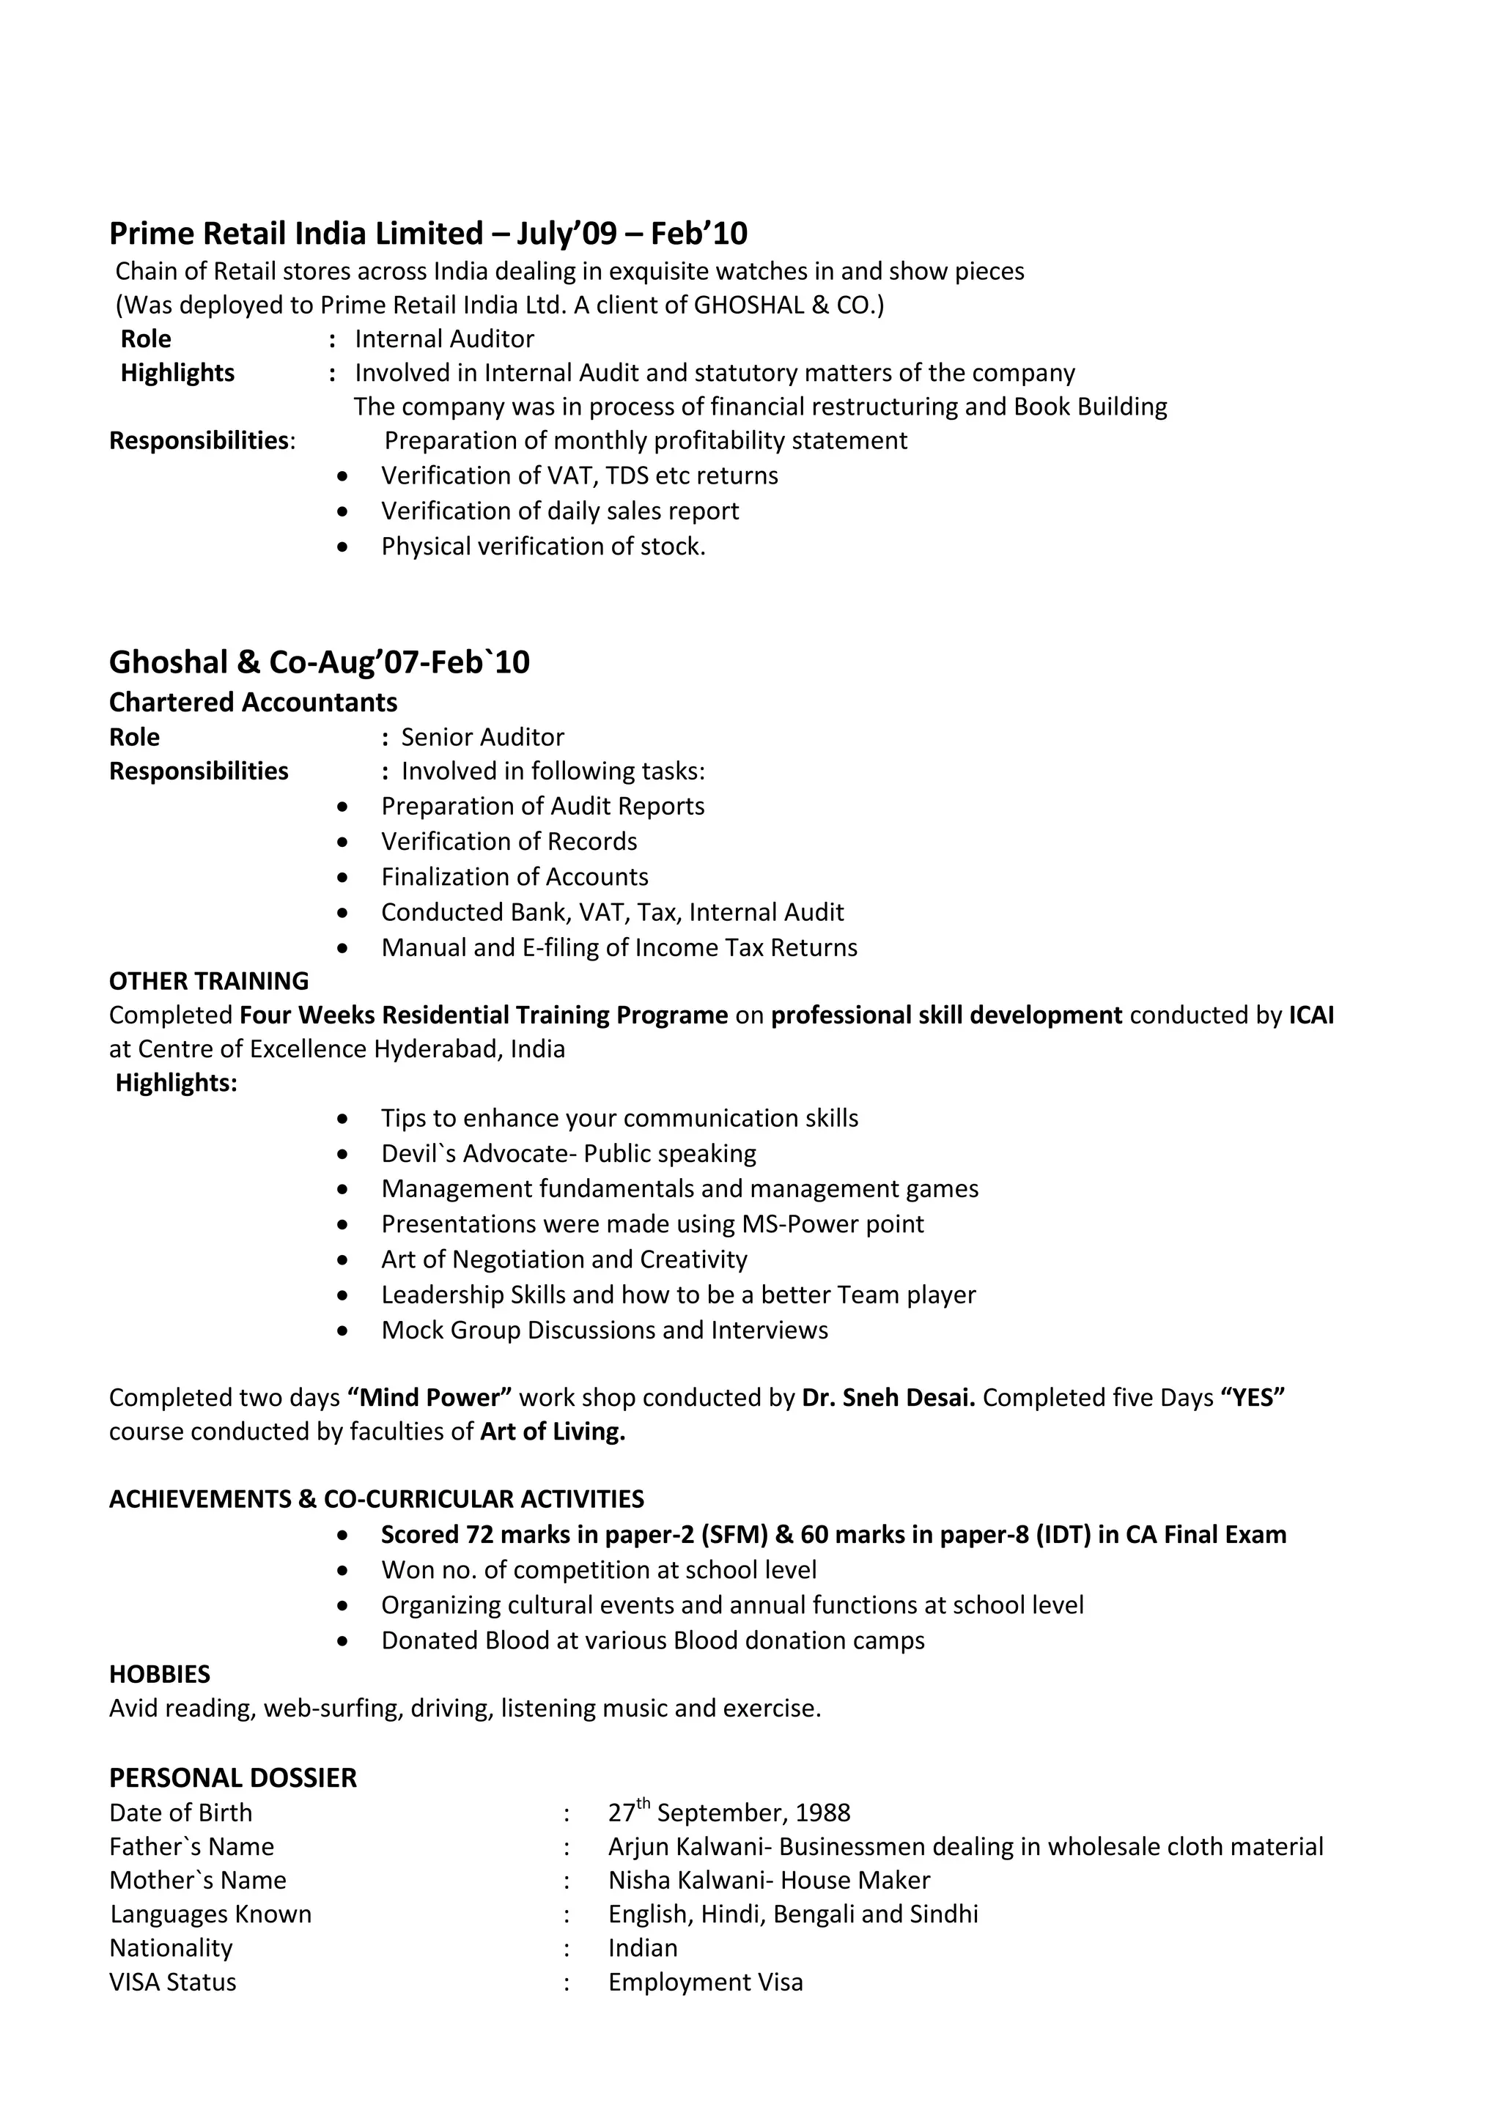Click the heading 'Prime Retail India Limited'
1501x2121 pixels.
tap(296, 234)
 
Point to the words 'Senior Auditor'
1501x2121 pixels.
tap(482, 737)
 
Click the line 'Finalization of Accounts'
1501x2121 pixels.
tap(514, 877)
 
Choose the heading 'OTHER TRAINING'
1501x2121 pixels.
tap(209, 981)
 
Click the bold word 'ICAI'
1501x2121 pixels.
tap(1310, 1015)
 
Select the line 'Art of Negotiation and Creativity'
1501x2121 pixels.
tap(564, 1259)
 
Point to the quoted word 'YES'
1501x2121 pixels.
tap(1253, 1398)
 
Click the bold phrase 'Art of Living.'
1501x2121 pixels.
tap(553, 1432)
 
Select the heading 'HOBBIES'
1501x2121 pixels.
tap(159, 1674)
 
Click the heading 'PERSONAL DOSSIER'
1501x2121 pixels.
tap(232, 1778)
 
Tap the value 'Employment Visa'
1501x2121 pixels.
tap(705, 1982)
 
